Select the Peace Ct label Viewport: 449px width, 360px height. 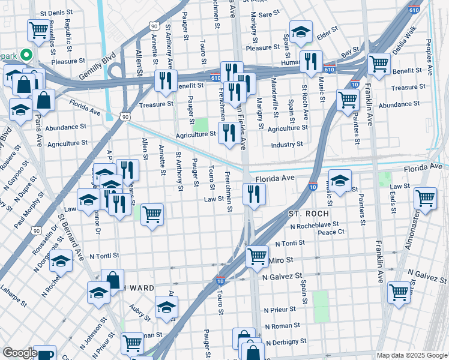[331, 232]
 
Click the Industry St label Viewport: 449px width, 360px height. [286, 145]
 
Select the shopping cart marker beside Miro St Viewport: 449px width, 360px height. [258, 256]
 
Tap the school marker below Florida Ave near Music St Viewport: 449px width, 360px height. [340, 181]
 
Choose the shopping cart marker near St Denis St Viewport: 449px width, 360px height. [38, 29]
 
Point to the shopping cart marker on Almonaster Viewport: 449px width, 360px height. [425, 197]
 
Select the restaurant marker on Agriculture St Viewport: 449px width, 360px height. [229, 133]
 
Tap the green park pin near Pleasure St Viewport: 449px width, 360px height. [26, 55]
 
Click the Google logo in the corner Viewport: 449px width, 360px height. [19, 353]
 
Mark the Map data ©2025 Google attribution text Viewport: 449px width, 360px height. [411, 355]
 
